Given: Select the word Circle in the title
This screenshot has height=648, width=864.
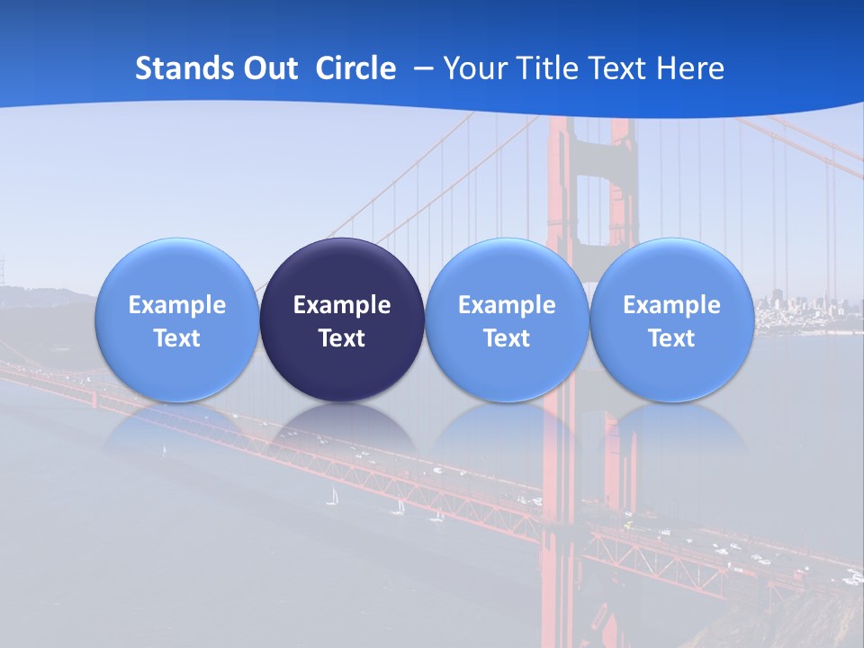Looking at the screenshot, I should coord(355,68).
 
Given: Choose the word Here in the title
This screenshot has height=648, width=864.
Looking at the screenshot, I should coord(690,68).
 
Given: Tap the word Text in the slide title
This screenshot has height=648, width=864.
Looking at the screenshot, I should coord(620,68).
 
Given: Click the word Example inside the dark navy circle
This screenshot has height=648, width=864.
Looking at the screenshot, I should coord(342,305).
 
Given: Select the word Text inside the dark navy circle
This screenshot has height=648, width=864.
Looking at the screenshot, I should coord(342,338).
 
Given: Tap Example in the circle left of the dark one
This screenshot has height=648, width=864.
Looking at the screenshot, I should coord(176,305).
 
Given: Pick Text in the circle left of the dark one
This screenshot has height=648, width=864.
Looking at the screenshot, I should coord(176,338).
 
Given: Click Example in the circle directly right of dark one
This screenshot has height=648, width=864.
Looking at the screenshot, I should coord(507,305).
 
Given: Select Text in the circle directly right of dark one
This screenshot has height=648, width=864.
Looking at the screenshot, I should coord(507,338).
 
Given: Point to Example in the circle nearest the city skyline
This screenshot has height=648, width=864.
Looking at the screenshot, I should coord(671,305).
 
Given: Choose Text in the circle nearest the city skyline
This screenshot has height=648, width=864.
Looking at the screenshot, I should coord(671,338).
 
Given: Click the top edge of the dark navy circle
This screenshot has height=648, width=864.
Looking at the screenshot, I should coord(342,239).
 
